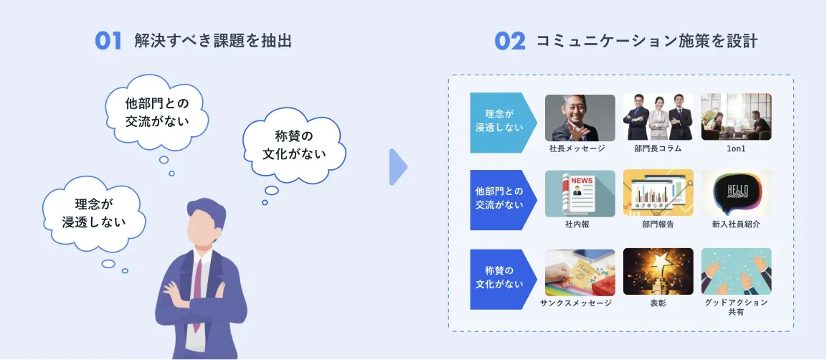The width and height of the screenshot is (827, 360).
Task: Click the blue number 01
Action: (x=108, y=41)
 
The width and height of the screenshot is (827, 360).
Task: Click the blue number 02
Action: (x=509, y=41)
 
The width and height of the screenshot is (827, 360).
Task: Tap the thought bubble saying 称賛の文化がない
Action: (x=294, y=146)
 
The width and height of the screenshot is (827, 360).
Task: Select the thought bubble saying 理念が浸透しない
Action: (x=94, y=214)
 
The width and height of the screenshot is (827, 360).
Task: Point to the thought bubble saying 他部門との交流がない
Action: (x=156, y=113)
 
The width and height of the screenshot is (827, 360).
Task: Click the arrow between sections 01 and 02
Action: (x=398, y=167)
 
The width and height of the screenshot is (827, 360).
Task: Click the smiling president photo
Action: (x=580, y=118)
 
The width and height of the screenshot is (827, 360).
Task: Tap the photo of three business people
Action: (x=658, y=117)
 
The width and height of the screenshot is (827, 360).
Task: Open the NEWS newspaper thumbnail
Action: (x=580, y=194)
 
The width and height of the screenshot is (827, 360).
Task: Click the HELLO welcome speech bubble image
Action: (x=737, y=193)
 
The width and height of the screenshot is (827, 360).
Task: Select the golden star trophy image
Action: (x=658, y=272)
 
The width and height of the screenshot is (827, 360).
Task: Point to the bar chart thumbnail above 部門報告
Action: (x=658, y=193)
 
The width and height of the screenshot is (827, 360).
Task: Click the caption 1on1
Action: (x=736, y=148)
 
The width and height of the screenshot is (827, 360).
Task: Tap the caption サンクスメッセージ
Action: (x=576, y=303)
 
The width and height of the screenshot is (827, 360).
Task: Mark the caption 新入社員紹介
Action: (x=736, y=224)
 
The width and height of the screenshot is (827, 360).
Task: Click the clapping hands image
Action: (x=737, y=272)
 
